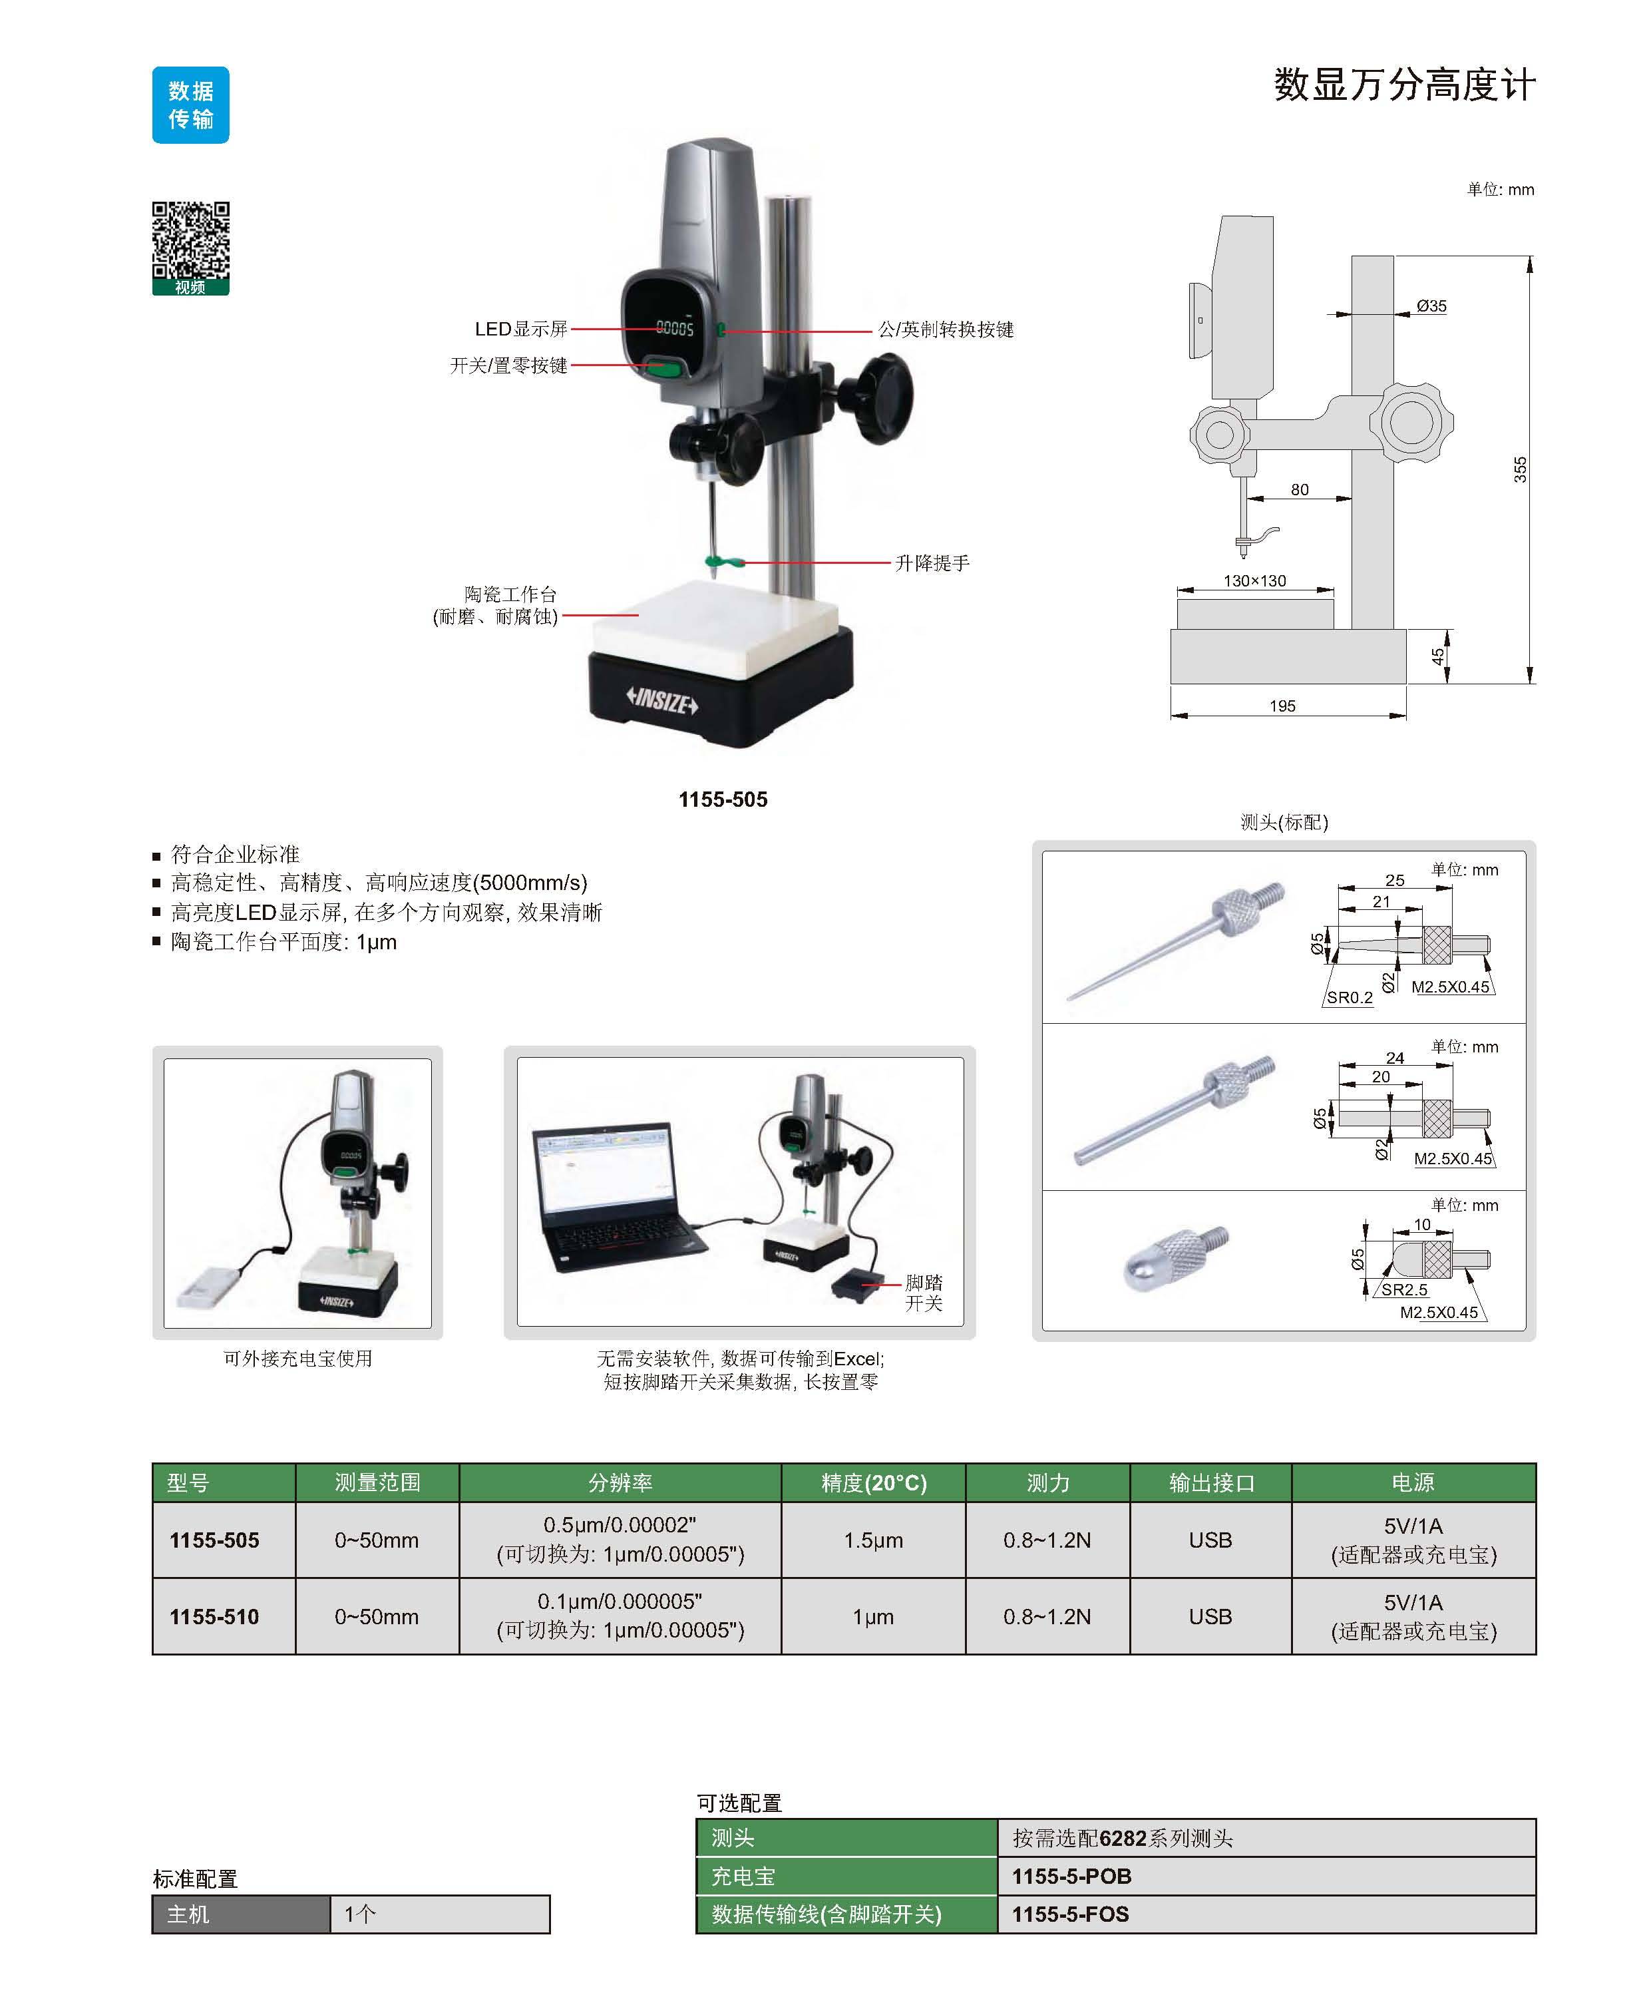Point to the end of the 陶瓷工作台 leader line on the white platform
pos(639,615)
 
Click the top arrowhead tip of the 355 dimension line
pos(1529,256)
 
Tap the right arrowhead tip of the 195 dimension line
pos(1406,716)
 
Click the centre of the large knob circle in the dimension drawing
pos(1411,421)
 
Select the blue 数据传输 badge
pos(191,105)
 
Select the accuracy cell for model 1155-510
pos(873,1616)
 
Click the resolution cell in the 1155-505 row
pos(620,1540)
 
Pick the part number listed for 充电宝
pos(1071,1877)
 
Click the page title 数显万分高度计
pos(1403,85)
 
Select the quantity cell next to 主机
pos(439,1914)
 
